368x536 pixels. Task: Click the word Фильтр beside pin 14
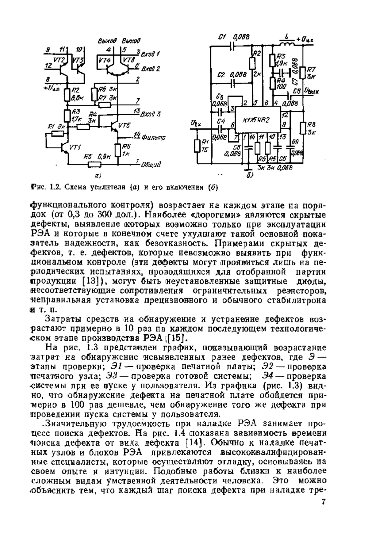point(153,137)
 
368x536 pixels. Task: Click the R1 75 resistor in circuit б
point(197,146)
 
